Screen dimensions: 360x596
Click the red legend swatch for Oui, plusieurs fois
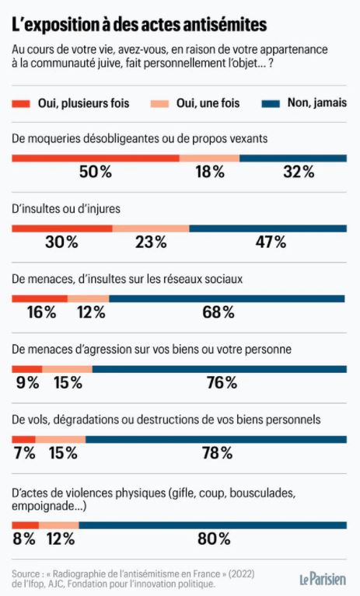[x=20, y=104]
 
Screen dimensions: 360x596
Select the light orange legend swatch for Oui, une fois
[x=159, y=104]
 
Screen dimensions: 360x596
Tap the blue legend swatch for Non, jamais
[x=271, y=104]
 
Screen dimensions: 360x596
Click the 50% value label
[x=96, y=172]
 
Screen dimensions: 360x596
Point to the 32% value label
[x=299, y=172]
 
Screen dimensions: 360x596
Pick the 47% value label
[x=271, y=242]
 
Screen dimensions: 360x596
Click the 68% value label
[x=218, y=312]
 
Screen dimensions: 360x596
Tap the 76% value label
[x=222, y=382]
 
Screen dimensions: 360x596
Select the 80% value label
[x=214, y=538]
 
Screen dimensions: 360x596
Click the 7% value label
[x=25, y=453]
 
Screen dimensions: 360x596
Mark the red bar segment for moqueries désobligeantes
[x=96, y=158]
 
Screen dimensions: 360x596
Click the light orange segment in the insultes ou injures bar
[x=151, y=228]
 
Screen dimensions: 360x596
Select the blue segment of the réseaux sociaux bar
[x=227, y=298]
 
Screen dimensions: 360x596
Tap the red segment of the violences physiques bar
[x=25, y=525]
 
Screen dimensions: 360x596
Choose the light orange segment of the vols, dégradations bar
[x=61, y=439]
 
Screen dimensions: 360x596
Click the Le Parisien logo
[x=323, y=579]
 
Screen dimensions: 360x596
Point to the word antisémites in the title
[x=223, y=25]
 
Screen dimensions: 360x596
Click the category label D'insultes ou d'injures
[x=66, y=209]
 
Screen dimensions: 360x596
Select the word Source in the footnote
[x=26, y=573]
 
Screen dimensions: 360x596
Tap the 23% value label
[x=151, y=242]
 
